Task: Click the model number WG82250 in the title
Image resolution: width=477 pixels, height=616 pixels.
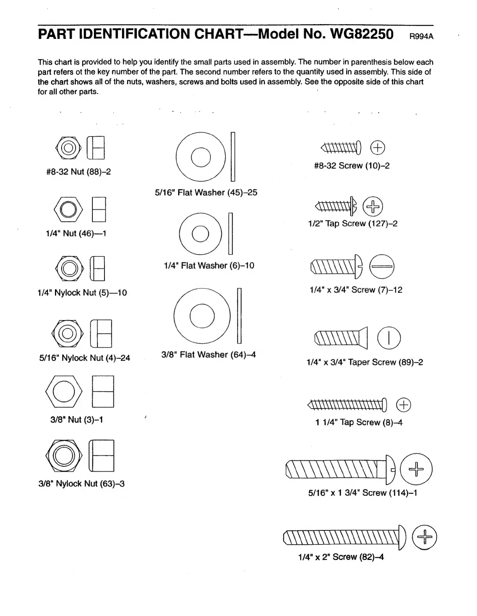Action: [362, 34]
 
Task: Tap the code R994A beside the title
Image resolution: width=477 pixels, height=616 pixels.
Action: [421, 37]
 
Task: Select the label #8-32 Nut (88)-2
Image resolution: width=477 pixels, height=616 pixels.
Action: [78, 172]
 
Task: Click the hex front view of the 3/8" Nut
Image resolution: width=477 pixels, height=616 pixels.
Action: [64, 391]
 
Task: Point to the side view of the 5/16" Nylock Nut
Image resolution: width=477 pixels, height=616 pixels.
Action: [101, 333]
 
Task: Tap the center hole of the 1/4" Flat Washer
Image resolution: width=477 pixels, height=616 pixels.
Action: [201, 233]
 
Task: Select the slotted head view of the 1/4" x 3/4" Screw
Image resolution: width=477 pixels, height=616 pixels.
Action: [382, 267]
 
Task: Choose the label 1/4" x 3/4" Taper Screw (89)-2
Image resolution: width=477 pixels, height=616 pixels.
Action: [364, 362]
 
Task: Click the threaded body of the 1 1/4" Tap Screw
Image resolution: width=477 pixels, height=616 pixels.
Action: [345, 405]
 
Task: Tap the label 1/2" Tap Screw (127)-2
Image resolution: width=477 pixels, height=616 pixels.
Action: [353, 224]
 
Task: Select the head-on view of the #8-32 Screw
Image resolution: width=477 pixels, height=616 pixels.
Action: [377, 147]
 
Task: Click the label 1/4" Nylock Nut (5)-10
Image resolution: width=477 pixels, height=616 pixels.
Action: [82, 293]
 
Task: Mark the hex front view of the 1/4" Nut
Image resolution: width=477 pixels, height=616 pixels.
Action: [69, 209]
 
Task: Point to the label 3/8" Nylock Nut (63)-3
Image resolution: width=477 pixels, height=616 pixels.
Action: [81, 484]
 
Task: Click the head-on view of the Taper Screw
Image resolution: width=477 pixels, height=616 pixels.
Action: [389, 338]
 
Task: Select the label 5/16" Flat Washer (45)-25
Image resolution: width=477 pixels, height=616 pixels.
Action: [206, 193]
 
